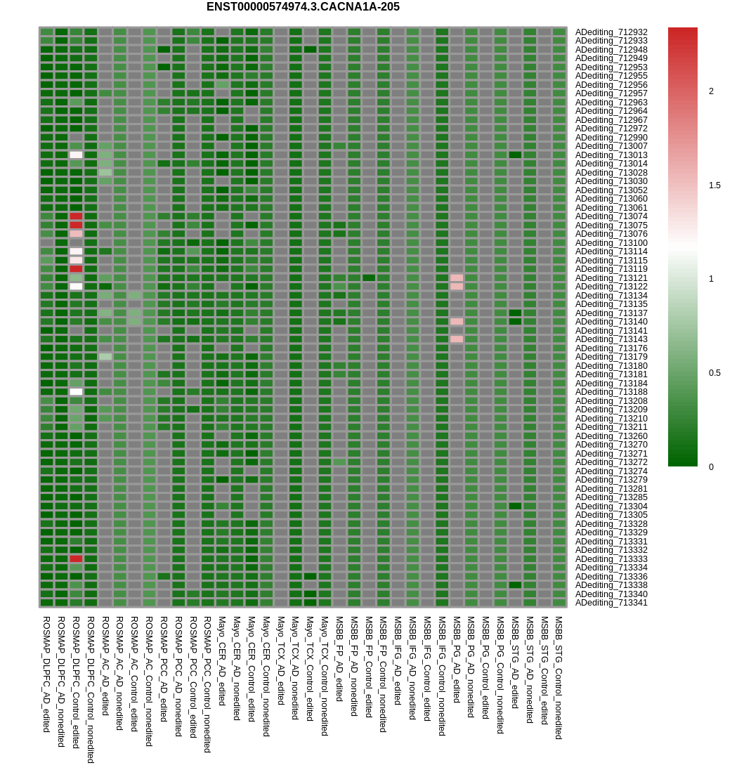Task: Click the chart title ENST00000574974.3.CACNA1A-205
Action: (x=303, y=7)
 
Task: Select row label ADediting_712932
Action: (x=611, y=32)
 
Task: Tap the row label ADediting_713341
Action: (x=611, y=603)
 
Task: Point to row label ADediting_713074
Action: (x=611, y=216)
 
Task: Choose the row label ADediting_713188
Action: (x=611, y=391)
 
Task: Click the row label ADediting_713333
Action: (x=611, y=558)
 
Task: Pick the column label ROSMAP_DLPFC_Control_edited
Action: (x=76, y=682)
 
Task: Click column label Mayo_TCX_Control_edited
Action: (x=310, y=669)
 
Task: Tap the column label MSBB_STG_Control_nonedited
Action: (x=559, y=677)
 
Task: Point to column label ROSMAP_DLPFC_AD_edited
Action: (x=46, y=674)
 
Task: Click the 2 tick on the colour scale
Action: (x=711, y=91)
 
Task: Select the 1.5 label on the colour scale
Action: (x=714, y=185)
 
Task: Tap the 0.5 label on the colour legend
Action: (x=714, y=372)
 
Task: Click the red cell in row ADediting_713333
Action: (x=76, y=558)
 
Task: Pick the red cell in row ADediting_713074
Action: (x=76, y=216)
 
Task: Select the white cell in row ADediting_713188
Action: (x=76, y=391)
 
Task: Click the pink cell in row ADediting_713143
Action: (x=457, y=339)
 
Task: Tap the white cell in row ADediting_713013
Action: (x=76, y=155)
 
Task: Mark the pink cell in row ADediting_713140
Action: (x=457, y=322)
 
